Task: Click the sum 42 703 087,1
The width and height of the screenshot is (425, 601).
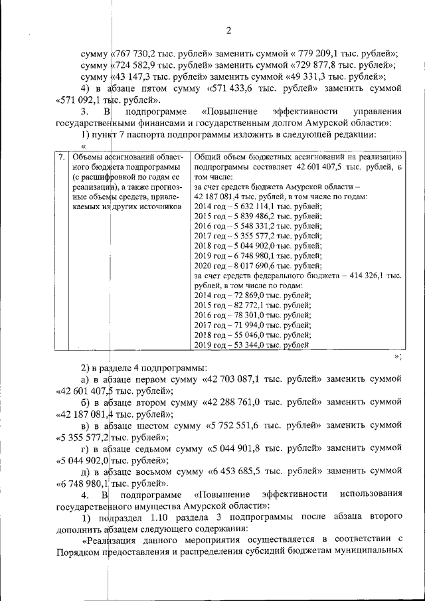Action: [x=236, y=379]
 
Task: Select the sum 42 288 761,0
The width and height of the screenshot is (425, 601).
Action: [x=236, y=402]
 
